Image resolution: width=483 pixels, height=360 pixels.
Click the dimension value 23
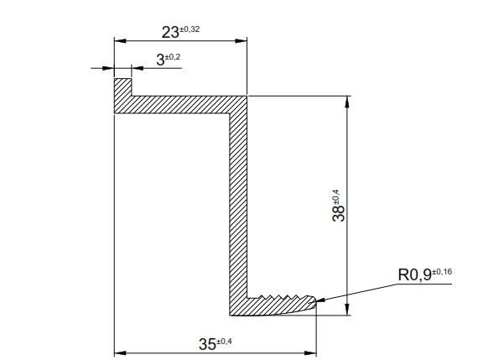pos(170,33)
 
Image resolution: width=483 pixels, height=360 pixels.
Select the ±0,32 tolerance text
pos(190,29)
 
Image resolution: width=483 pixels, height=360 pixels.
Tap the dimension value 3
pos(159,60)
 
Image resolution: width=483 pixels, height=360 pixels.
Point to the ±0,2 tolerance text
pos(172,56)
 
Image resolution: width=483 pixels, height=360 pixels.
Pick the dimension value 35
pos(206,343)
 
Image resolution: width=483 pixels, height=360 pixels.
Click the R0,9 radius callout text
pos(415,274)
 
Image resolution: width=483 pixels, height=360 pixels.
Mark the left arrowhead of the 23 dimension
pos(119,40)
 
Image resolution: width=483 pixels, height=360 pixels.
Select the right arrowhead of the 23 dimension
pos(242,40)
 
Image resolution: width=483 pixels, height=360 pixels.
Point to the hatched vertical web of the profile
pos(239,201)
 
